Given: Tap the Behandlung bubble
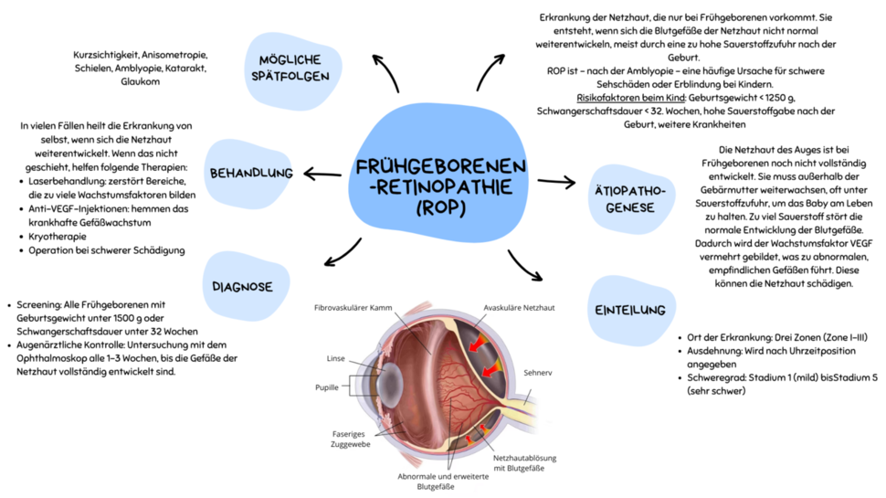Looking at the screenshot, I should [x=251, y=173].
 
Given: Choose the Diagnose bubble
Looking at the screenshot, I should [x=242, y=286].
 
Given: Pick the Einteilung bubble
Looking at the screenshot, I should [x=630, y=310].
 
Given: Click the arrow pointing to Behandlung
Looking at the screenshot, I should [x=322, y=174].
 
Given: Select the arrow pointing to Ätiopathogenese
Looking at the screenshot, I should [x=556, y=182].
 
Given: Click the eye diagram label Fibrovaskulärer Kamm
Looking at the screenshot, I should [x=353, y=307].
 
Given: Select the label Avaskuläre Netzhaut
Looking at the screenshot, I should [x=519, y=307].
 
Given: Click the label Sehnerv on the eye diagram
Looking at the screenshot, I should [x=538, y=372].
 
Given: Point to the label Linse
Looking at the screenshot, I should [x=336, y=358].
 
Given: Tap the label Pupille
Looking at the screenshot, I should [x=327, y=387].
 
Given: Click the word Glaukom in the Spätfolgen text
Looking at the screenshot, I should [x=140, y=81].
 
